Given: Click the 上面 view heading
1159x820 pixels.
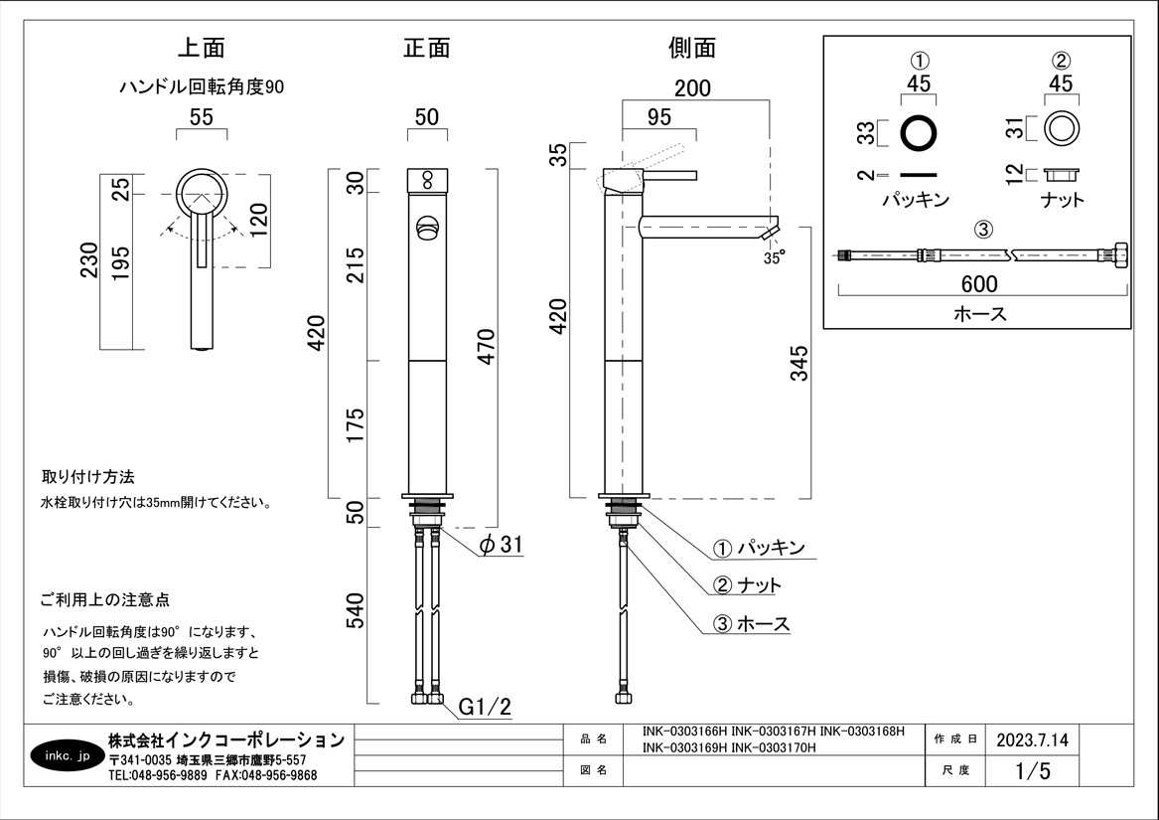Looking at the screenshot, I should coord(202,48).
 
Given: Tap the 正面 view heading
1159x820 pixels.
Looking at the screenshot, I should coord(427,48).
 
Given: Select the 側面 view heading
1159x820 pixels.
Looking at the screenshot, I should coord(692,48).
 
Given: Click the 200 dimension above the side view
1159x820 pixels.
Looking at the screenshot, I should coord(692,87).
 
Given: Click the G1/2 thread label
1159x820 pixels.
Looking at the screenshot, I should coord(485,708).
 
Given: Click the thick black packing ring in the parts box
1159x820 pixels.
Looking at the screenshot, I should coord(920,131).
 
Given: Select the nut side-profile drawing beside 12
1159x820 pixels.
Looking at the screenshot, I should coord(1062,175).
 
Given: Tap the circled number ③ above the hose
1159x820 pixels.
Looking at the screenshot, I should coord(982,230).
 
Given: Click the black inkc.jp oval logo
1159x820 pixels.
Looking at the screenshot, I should coord(68,756).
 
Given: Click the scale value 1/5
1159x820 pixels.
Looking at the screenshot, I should coord(1032,770).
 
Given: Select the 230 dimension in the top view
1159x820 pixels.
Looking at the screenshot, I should coord(88,261).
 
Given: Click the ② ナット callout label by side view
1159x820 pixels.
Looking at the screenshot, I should coord(748,585).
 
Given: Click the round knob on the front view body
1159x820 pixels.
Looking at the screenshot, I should coord(428,227).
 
